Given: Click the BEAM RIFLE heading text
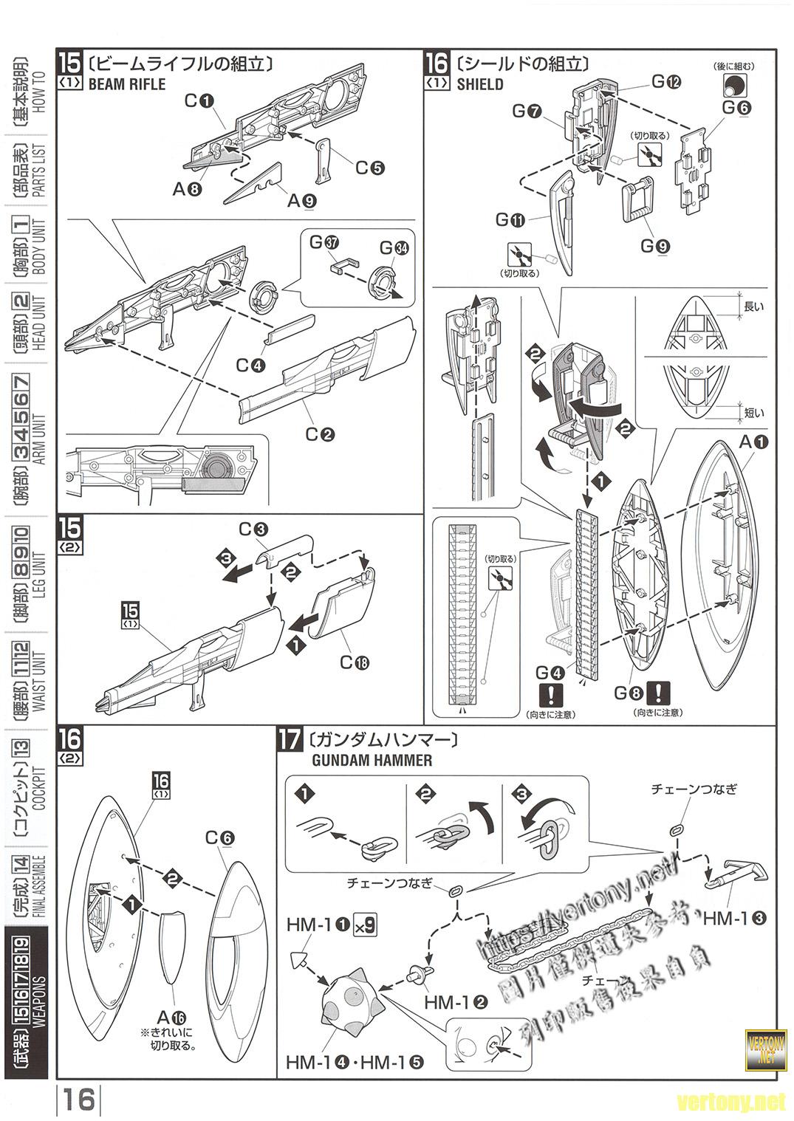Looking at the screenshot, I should click(126, 84).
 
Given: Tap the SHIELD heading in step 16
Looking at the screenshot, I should click(479, 84).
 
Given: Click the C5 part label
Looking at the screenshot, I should click(369, 168).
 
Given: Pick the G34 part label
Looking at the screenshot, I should click(394, 247).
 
